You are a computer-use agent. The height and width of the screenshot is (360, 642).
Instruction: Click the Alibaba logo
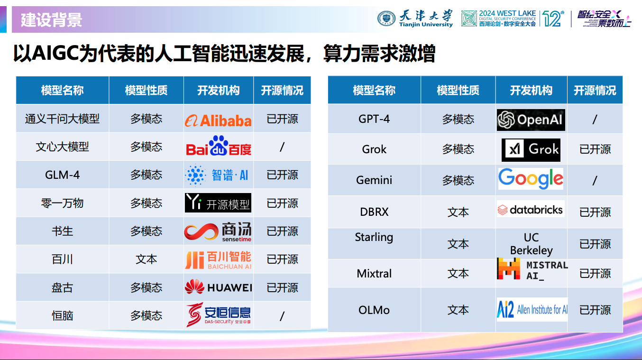pyautogui.click(x=218, y=120)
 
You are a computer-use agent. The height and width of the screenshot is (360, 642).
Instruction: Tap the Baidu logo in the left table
pyautogui.click(x=219, y=147)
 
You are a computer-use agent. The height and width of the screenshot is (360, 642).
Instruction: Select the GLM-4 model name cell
pyautogui.click(x=62, y=175)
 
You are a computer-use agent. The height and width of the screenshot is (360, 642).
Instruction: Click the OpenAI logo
pyautogui.click(x=531, y=120)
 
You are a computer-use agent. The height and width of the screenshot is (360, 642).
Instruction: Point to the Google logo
pyautogui.click(x=531, y=179)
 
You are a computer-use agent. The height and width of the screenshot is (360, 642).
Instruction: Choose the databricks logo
pyautogui.click(x=531, y=210)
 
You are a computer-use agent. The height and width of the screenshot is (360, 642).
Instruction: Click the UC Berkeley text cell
pyautogui.click(x=531, y=244)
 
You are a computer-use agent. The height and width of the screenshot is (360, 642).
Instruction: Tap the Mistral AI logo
pyautogui.click(x=532, y=269)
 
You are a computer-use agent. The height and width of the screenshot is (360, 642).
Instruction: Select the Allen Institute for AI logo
pyautogui.click(x=532, y=310)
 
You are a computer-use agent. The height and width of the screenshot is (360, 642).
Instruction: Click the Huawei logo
pyautogui.click(x=218, y=287)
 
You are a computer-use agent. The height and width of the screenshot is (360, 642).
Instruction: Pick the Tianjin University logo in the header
pyautogui.click(x=415, y=18)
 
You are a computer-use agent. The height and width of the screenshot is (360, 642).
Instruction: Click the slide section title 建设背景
pyautogui.click(x=51, y=20)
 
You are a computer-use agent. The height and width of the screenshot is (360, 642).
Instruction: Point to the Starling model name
pyautogui.click(x=374, y=237)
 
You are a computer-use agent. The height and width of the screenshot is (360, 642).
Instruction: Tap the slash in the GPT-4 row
pyautogui.click(x=595, y=120)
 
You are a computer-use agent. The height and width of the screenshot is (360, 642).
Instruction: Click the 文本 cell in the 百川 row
pyautogui.click(x=146, y=259)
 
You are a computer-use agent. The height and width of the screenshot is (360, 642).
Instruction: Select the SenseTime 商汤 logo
pyautogui.click(x=218, y=231)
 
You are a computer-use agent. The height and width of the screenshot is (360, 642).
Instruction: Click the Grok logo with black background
pyautogui.click(x=531, y=150)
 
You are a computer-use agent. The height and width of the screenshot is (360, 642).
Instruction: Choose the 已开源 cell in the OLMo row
pyautogui.click(x=595, y=310)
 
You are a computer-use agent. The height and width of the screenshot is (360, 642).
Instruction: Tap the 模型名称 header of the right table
pyautogui.click(x=374, y=91)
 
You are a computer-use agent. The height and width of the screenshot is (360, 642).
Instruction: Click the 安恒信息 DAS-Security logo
pyautogui.click(x=218, y=314)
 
